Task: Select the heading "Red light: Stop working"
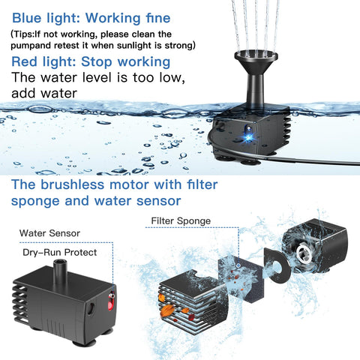91,61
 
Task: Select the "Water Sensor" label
48,234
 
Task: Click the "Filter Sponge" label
180,221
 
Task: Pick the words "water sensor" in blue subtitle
138,202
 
